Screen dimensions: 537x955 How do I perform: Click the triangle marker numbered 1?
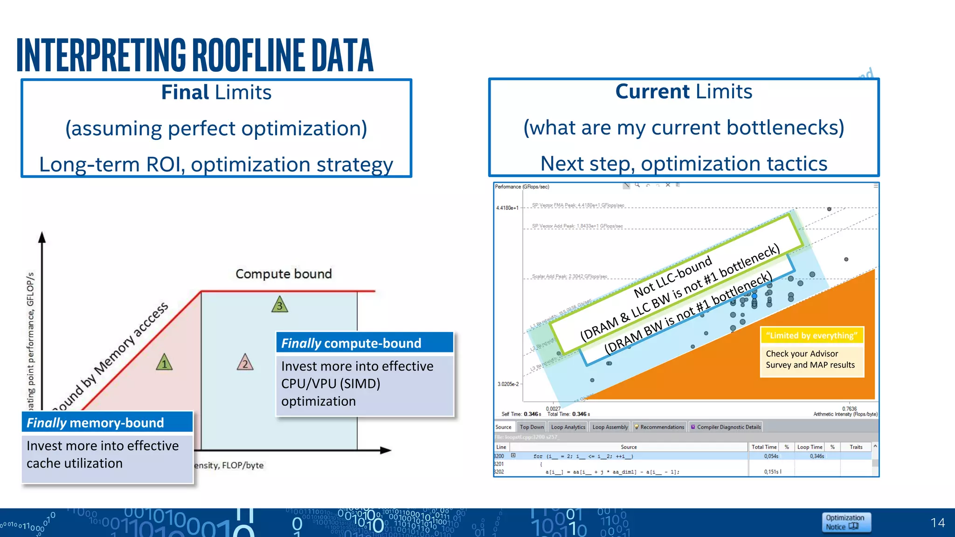pos(164,363)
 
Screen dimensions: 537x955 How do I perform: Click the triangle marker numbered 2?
pos(245,363)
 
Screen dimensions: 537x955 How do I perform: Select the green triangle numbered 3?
pos(280,305)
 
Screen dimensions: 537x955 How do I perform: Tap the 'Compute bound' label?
pos(284,274)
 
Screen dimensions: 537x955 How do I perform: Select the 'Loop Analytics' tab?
pos(568,427)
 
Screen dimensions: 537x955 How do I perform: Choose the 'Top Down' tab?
pos(532,427)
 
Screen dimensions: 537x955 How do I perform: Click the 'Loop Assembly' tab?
pos(610,427)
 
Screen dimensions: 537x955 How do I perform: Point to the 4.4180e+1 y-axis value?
pos(507,208)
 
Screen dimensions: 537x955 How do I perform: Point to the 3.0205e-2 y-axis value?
pos(508,384)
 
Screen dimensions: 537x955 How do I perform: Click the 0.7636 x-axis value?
pos(849,409)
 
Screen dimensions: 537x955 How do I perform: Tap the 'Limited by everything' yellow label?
pos(811,336)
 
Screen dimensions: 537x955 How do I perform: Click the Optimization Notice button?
pos(846,522)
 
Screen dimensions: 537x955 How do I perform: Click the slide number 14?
pos(937,523)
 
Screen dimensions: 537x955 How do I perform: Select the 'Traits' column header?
pos(856,447)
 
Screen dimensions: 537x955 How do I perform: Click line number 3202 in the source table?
pos(499,472)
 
